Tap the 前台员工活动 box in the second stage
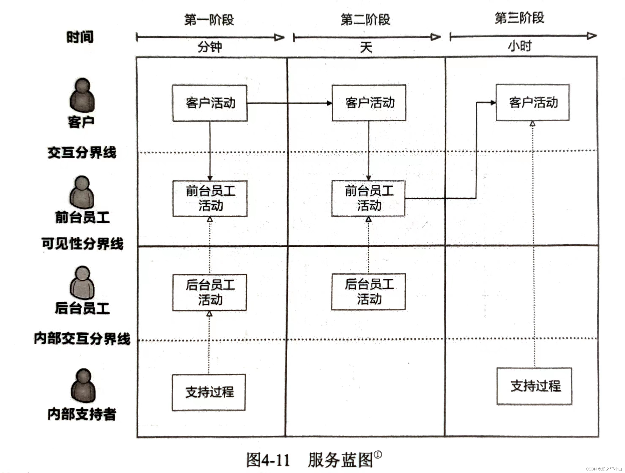368,198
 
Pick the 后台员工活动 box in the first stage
209,292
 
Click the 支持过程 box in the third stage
534,386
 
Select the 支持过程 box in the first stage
209,392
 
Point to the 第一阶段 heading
209,20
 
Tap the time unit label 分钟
209,47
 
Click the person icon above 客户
82,95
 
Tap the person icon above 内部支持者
83,385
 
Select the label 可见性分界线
82,243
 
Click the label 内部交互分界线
82,338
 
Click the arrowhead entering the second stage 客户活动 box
329,103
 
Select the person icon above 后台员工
82,283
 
